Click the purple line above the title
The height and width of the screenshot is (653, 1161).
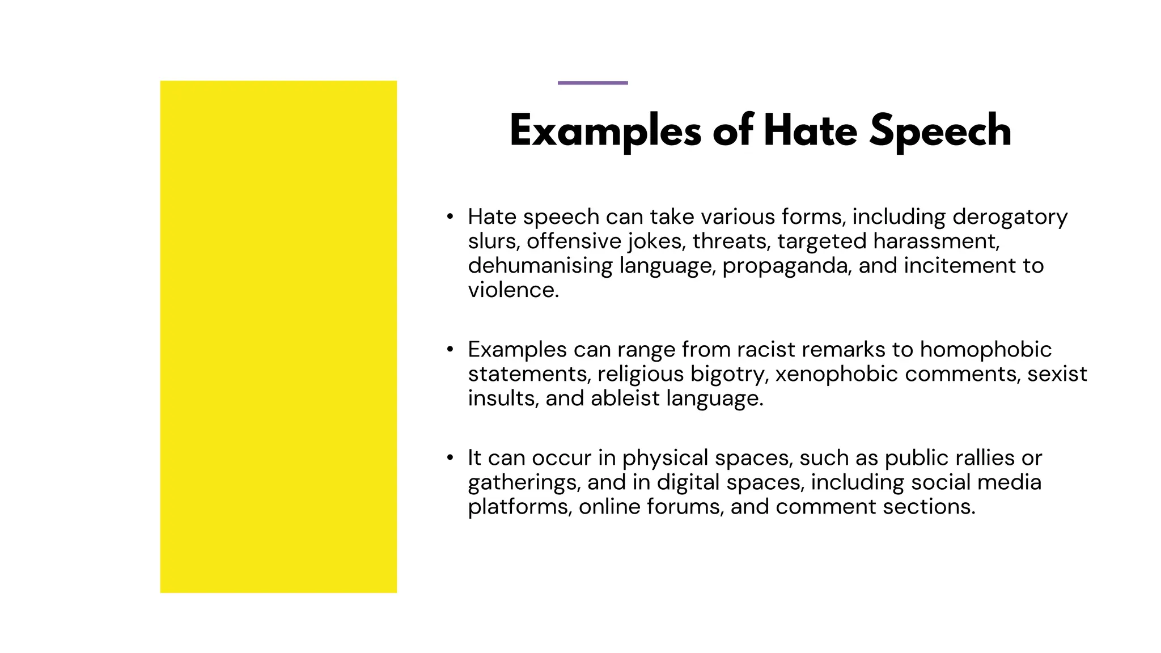[x=592, y=83]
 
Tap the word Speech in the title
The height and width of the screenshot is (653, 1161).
[x=940, y=130]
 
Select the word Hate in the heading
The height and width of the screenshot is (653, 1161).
[x=810, y=130]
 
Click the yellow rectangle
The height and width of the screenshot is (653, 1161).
[x=278, y=337]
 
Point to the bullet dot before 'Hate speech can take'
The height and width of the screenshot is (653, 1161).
[x=450, y=217]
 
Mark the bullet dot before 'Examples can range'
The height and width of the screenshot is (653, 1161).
[x=450, y=349]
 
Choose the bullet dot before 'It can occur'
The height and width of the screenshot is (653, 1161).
[x=450, y=457]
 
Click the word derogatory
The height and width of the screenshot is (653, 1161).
[x=1010, y=217]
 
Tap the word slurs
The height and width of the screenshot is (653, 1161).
[x=492, y=241]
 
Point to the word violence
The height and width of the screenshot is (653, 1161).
[x=512, y=290]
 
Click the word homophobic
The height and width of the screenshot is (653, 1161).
[x=985, y=350]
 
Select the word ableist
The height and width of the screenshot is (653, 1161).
[x=625, y=398]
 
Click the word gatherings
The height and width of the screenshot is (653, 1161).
[x=524, y=482]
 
